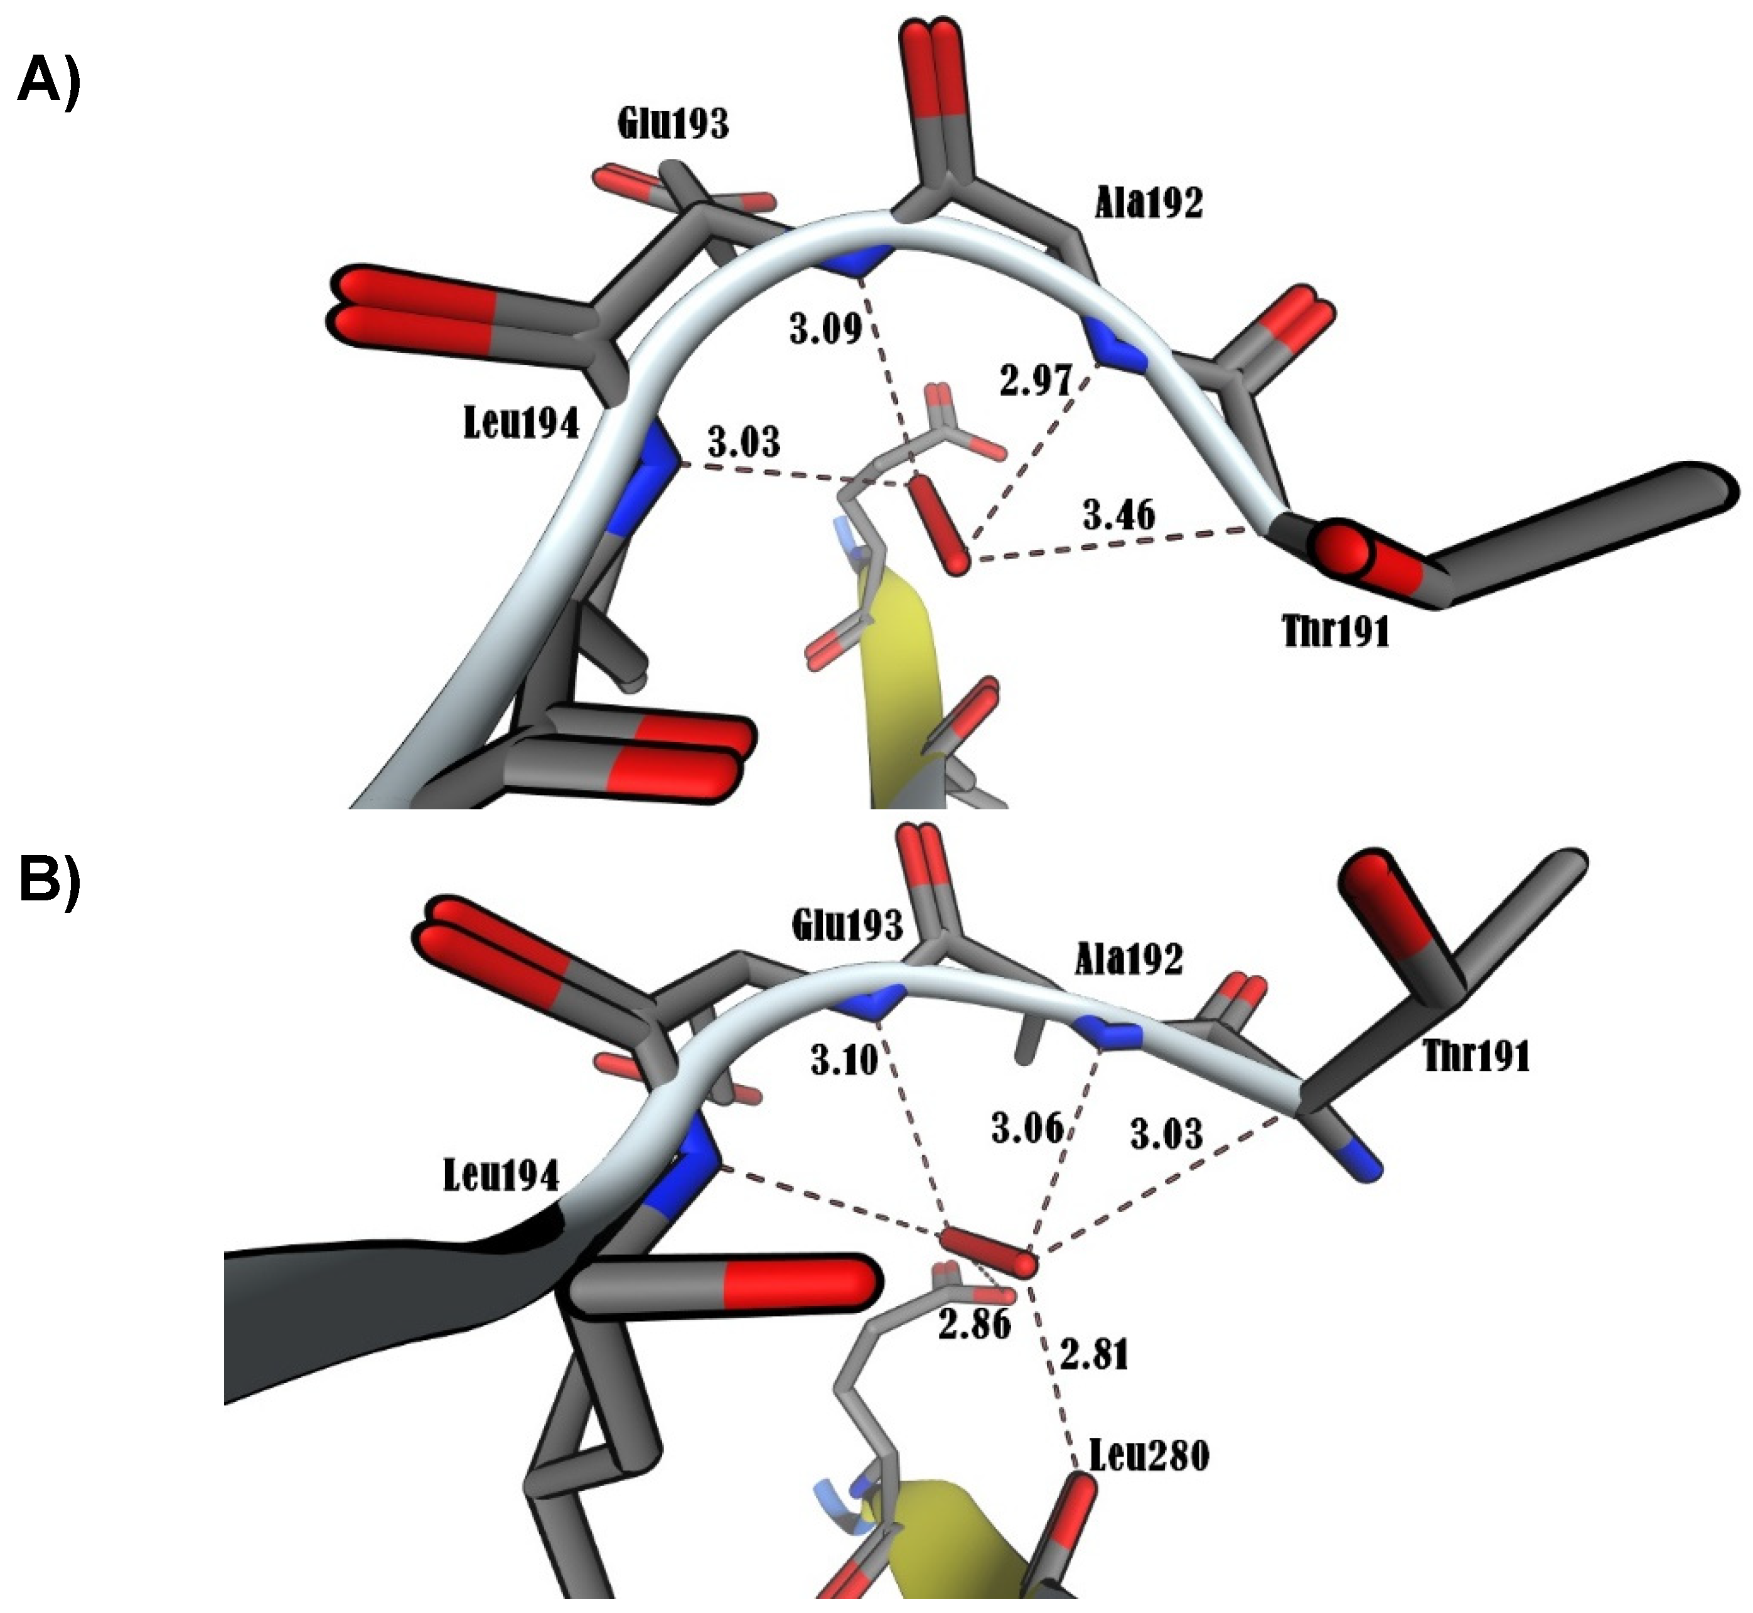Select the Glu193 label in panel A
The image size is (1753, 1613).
[673, 125]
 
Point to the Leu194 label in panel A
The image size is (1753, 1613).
[521, 424]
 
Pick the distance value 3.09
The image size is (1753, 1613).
[825, 329]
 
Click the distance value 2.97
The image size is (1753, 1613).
[1035, 380]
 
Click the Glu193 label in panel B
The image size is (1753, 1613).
[847, 925]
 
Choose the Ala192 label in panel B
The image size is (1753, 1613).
[1128, 959]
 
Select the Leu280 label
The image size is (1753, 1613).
[1149, 1456]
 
